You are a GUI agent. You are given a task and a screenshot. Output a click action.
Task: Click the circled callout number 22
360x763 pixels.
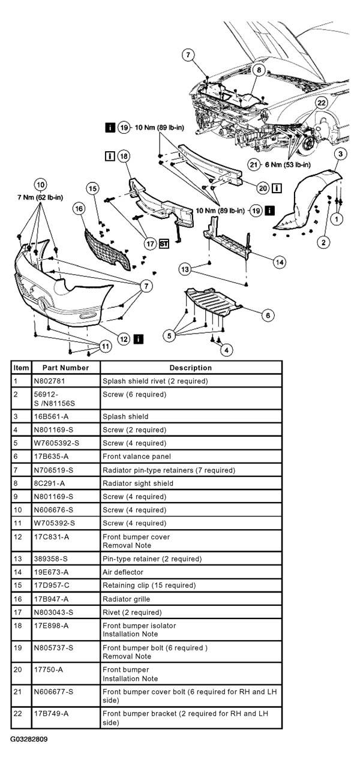coord(322,103)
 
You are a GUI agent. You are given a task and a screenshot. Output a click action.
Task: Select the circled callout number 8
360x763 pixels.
coord(258,70)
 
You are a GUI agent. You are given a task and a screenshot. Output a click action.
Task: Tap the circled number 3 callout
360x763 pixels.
coord(340,154)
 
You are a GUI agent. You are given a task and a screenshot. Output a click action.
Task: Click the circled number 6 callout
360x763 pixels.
coord(268,315)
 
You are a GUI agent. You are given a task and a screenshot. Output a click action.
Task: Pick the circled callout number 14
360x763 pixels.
coord(278,262)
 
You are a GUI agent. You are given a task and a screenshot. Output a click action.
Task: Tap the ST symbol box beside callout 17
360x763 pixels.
coord(164,244)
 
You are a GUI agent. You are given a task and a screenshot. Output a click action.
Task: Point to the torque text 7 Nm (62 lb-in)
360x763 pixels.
coord(41,197)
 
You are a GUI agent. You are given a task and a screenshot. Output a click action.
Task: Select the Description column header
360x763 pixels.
coord(190,368)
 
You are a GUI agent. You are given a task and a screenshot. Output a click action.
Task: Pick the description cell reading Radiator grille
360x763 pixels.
coord(126,599)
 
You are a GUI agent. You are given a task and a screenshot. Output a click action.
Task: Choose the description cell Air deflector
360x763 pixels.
coord(123,572)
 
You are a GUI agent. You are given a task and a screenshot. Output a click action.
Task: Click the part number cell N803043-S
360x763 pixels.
coord(53,612)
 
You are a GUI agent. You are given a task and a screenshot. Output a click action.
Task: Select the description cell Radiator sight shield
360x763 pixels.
coord(137,483)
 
